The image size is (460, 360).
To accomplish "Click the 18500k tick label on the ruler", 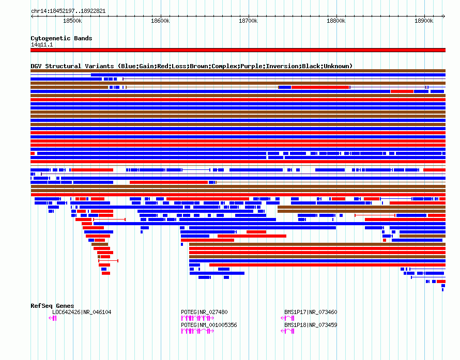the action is (x=72, y=21).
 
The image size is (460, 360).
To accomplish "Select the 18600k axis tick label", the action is (x=160, y=21).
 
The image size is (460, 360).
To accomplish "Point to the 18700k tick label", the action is (x=248, y=21).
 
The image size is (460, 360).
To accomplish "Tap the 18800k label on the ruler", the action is (x=336, y=21).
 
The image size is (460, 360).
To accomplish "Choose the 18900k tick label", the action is (x=424, y=21).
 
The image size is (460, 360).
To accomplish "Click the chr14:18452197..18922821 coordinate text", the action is (x=68, y=11).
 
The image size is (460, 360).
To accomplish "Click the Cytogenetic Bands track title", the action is (x=62, y=38).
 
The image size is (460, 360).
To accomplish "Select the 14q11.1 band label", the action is (x=42, y=44).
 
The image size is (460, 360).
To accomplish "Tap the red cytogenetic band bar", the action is (x=238, y=50).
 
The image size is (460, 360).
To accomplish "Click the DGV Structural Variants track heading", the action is (x=191, y=66).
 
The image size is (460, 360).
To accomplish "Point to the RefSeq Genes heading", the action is (x=52, y=306).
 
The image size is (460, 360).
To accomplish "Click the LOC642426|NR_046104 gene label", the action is (x=82, y=312).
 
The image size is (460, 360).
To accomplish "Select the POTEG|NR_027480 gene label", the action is (x=204, y=312).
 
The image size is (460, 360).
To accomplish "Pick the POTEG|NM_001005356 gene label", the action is (x=209, y=325).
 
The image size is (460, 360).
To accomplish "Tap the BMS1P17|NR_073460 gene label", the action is (x=311, y=312).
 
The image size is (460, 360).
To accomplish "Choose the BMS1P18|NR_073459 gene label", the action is (x=311, y=325).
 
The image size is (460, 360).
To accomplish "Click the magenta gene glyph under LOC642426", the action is (x=53, y=318).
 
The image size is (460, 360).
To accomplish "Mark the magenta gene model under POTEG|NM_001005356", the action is (x=198, y=331).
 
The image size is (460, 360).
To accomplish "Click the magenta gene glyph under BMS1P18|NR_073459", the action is (x=287, y=331).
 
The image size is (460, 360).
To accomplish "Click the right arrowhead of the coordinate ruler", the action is (x=444, y=17).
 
